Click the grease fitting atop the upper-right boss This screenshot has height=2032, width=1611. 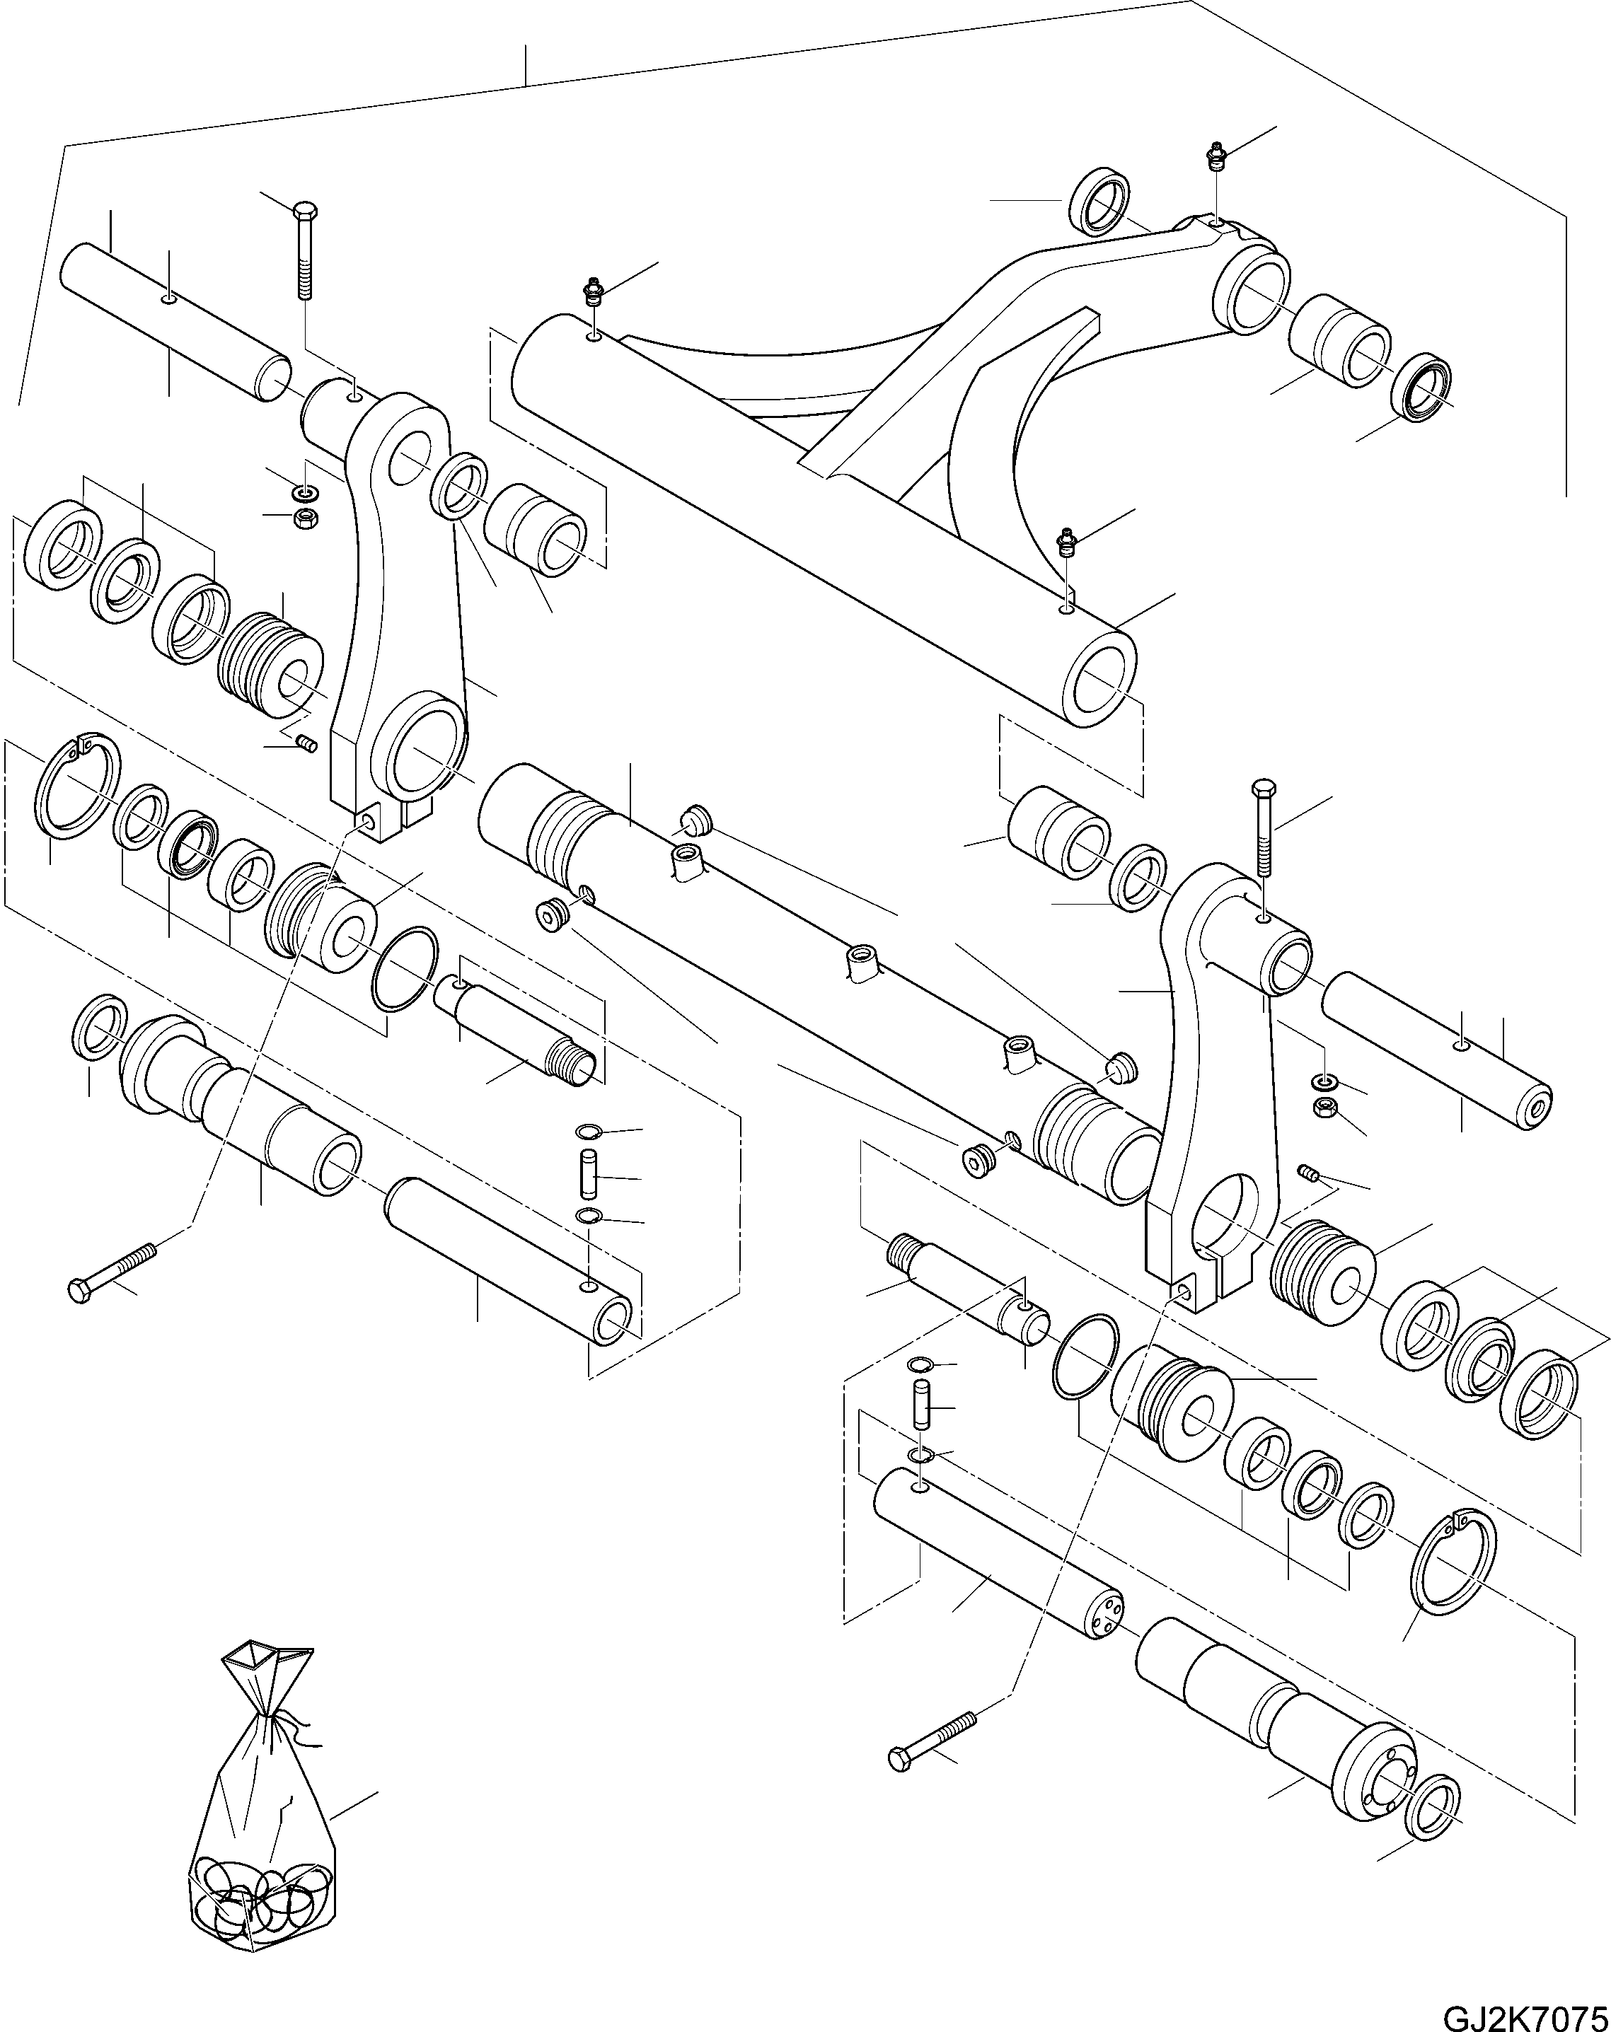(1216, 156)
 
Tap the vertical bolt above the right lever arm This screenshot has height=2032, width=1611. (1263, 830)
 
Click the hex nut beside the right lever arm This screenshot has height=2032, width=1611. (1324, 1103)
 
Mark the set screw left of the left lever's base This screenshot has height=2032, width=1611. (306, 745)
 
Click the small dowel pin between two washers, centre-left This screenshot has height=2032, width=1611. (589, 1173)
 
